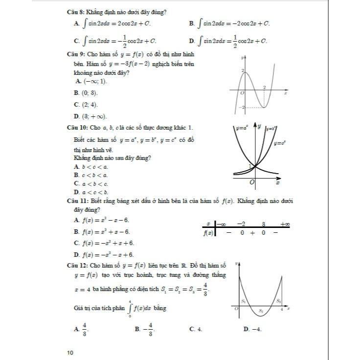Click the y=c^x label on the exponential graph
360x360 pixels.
click(280, 143)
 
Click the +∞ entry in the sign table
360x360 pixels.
click(285, 224)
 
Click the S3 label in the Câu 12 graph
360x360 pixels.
click(278, 301)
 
